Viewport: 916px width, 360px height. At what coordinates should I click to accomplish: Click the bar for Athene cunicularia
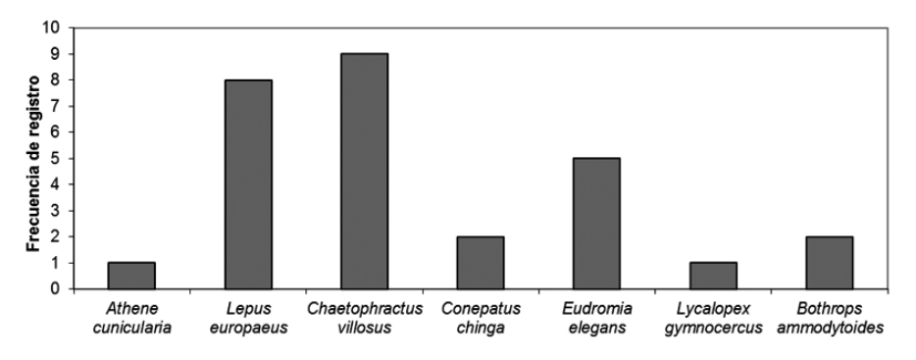point(131,276)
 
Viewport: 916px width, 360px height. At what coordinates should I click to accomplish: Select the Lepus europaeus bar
point(248,184)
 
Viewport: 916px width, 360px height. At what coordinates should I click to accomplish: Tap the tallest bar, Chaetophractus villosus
point(364,172)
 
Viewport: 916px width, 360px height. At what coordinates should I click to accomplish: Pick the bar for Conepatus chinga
point(481,263)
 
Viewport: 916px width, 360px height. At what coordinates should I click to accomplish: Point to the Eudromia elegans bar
point(596,224)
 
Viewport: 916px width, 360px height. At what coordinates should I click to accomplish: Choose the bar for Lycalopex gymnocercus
point(713,276)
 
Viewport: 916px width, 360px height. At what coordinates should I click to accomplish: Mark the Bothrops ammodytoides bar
point(829,263)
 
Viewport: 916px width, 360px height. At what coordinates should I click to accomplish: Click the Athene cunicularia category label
point(131,318)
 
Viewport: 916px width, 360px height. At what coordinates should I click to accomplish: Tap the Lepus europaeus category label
point(248,318)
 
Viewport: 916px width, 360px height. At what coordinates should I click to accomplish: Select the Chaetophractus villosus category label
point(364,318)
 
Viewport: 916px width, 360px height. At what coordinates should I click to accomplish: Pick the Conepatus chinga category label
point(481,318)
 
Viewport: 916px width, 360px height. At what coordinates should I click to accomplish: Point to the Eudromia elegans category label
point(596,318)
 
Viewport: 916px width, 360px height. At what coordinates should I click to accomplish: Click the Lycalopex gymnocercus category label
point(713,318)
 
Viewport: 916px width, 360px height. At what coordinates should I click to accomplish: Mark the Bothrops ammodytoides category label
point(829,318)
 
